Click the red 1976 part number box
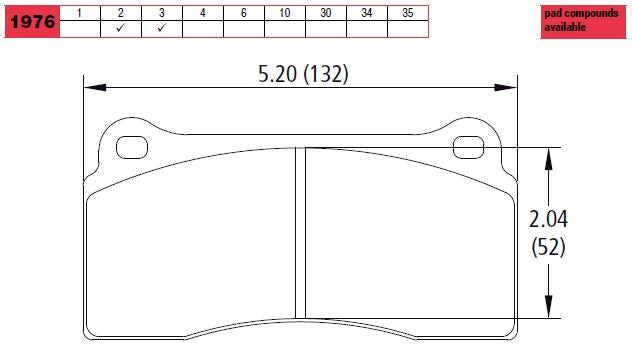(x=30, y=20)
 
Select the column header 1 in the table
(x=81, y=12)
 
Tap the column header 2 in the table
(x=121, y=12)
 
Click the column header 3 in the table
(x=162, y=12)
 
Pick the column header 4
(x=203, y=12)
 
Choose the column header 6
(x=243, y=12)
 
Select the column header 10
(x=284, y=12)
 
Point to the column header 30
(x=325, y=12)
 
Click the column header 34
(x=366, y=12)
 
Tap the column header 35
(x=406, y=12)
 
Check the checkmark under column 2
(x=121, y=29)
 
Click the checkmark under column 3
(x=162, y=29)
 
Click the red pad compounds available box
(x=584, y=20)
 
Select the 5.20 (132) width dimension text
(x=303, y=73)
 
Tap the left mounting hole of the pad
(x=132, y=148)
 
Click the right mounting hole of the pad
(x=468, y=148)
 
